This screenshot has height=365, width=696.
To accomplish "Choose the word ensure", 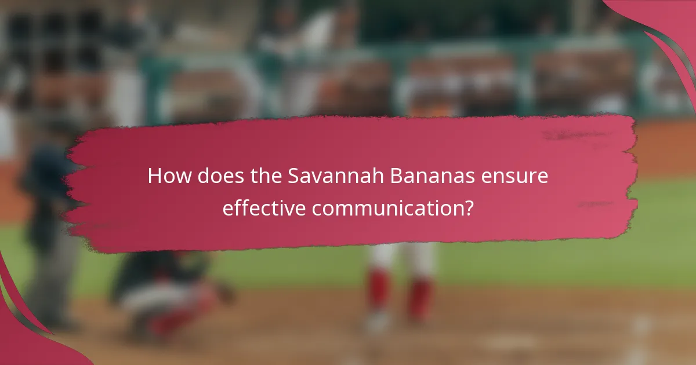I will click(x=519, y=176).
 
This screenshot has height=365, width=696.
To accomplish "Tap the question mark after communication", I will click(x=468, y=209).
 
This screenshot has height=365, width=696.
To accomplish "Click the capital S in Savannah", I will click(x=294, y=176).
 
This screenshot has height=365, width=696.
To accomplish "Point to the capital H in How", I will click(x=155, y=176).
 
